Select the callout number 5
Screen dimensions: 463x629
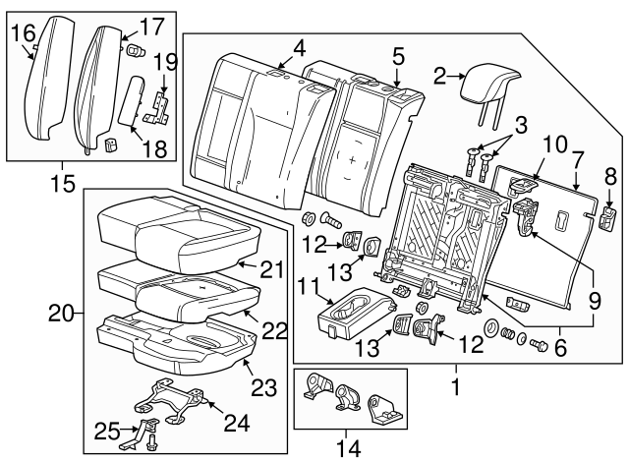[398, 54]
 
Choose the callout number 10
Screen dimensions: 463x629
[553, 145]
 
